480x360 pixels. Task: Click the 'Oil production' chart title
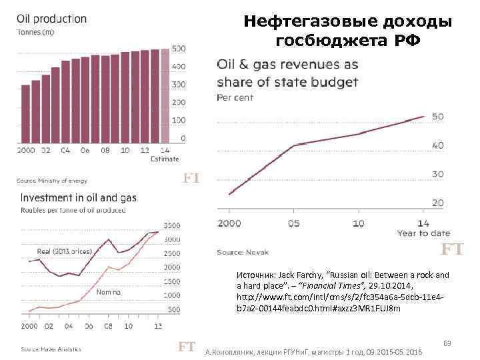click(x=51, y=19)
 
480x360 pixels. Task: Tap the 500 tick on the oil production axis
click(x=179, y=49)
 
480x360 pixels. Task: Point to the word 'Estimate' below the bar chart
click(x=164, y=159)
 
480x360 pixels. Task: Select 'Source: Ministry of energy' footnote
click(x=52, y=181)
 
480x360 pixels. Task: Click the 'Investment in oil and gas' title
click(x=79, y=198)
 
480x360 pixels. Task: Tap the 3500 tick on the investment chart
click(x=171, y=225)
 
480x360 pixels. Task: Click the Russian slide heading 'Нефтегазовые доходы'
click(x=347, y=22)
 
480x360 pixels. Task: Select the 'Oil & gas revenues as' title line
click(x=287, y=65)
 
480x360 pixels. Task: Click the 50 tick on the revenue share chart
click(x=437, y=117)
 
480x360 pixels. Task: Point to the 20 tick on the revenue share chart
click(x=437, y=203)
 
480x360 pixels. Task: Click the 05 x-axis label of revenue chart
click(x=295, y=223)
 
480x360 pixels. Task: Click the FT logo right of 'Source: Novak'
click(x=453, y=250)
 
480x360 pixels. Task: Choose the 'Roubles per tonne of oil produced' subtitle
click(x=73, y=210)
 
